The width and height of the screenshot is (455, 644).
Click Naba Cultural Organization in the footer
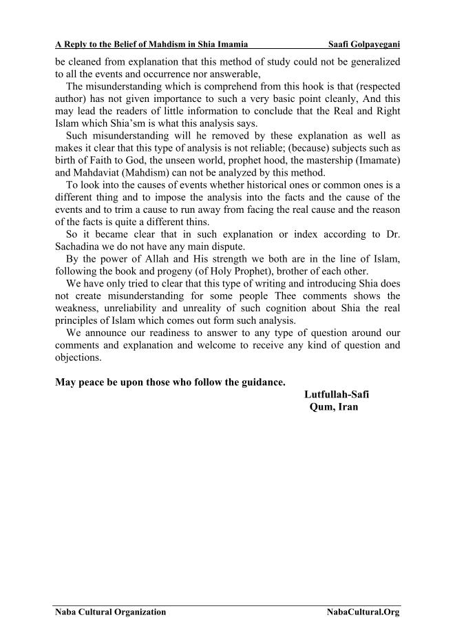110,612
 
